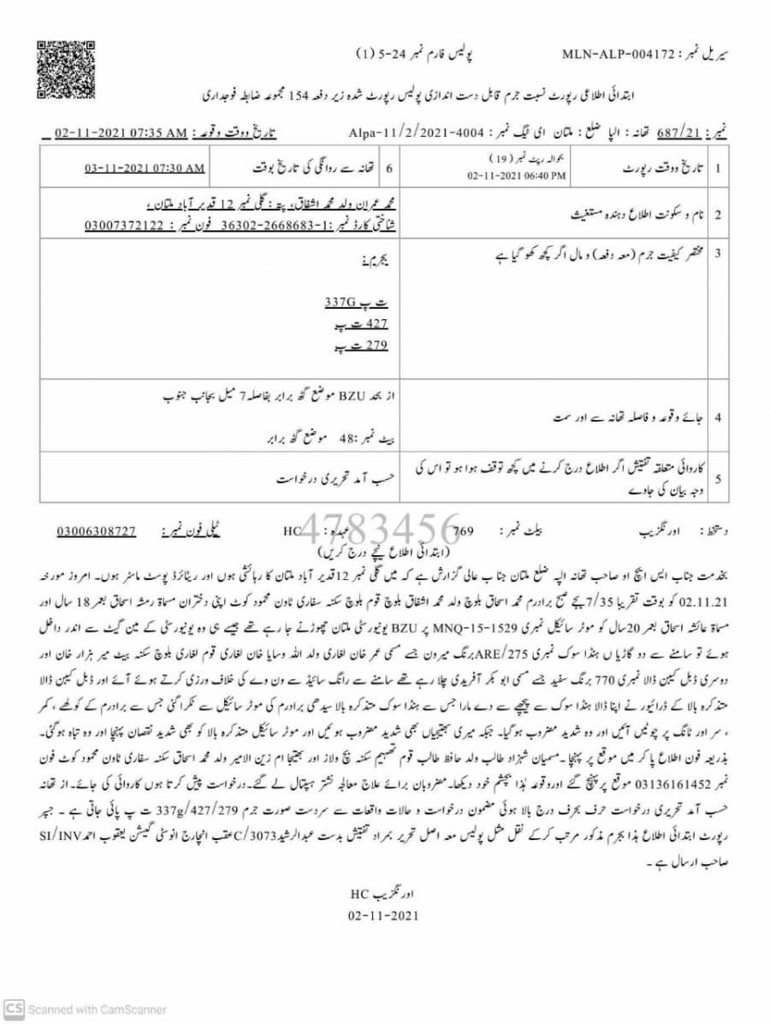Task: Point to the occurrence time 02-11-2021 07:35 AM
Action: pos(121,133)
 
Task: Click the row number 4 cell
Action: pos(719,417)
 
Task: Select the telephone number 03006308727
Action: pos(97,531)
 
